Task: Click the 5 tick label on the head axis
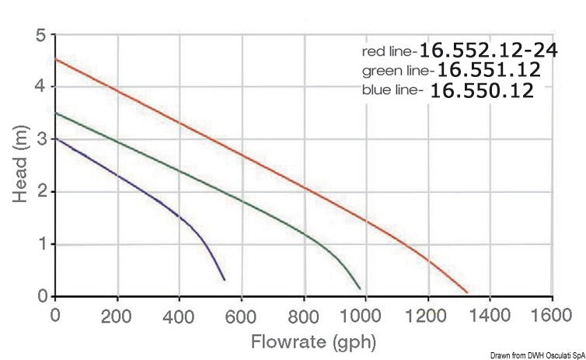click(x=40, y=34)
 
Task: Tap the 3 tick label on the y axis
click(x=40, y=140)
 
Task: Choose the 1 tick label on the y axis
click(x=40, y=245)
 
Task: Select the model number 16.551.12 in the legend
click(x=488, y=70)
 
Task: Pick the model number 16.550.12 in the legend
click(x=482, y=90)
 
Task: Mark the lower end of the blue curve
click(x=224, y=279)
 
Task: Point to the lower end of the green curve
click(x=360, y=288)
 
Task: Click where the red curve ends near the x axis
click(x=467, y=292)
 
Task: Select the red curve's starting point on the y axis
click(x=55, y=59)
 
